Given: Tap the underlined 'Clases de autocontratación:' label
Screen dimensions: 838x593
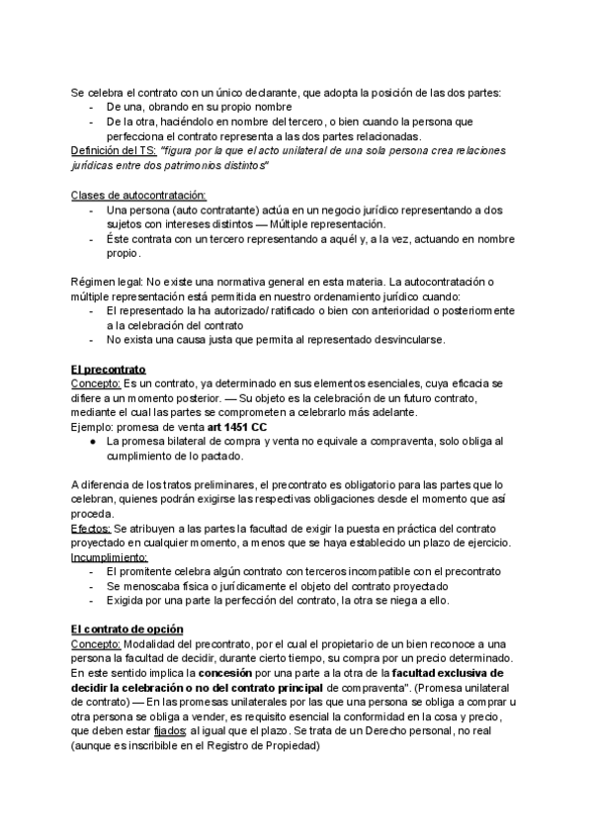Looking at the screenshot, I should click(x=138, y=195).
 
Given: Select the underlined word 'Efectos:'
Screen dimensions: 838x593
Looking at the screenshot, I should click(x=92, y=530).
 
